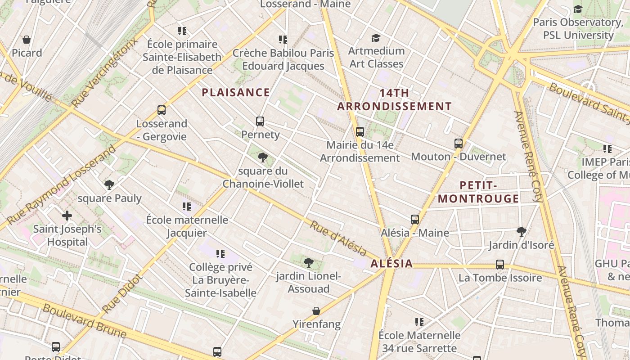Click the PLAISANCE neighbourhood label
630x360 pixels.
point(236,93)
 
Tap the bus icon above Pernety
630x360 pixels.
point(260,121)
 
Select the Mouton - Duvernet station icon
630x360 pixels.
point(459,144)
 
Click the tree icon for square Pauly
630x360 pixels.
point(109,184)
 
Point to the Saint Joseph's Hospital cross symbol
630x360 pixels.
point(67,216)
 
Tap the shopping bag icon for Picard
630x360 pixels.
point(27,40)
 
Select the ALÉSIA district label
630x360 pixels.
point(391,264)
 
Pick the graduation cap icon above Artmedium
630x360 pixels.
point(376,38)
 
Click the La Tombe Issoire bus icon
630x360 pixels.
point(500,264)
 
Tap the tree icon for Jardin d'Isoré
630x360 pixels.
point(522,232)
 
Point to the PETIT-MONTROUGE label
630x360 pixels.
point(478,192)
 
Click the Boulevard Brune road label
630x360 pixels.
point(84,321)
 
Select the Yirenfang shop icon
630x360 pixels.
point(316,311)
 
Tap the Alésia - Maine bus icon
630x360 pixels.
point(415,220)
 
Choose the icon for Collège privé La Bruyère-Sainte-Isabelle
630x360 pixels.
point(220,254)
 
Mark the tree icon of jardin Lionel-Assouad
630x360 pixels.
point(308,262)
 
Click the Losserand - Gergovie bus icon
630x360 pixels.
point(162,110)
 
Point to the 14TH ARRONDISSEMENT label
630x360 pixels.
point(394,99)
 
